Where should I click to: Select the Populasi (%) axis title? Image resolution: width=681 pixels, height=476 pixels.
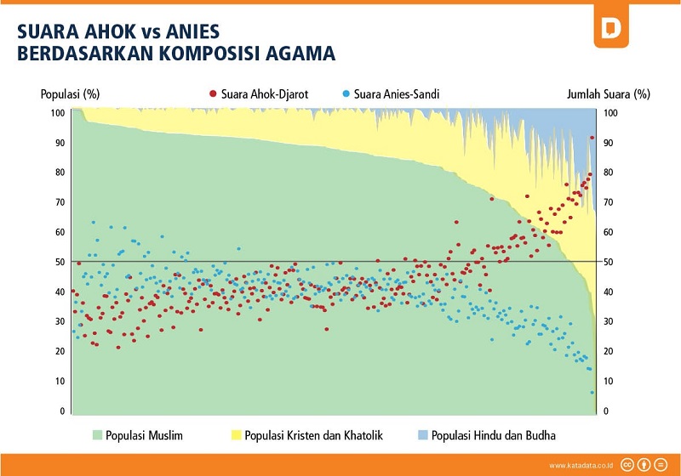(x=65, y=94)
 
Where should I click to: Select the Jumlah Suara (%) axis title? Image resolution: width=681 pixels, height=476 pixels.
(x=609, y=94)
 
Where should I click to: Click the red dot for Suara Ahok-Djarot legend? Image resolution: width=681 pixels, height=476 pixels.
(x=213, y=93)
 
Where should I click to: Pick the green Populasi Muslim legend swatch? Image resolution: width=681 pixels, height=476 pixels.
(x=96, y=436)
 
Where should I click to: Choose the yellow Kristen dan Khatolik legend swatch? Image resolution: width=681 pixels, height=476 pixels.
(x=236, y=436)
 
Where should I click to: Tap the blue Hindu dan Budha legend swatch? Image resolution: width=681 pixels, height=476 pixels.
(x=421, y=436)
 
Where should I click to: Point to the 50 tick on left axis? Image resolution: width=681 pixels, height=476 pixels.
(x=59, y=262)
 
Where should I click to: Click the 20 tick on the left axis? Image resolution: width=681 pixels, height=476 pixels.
(x=59, y=352)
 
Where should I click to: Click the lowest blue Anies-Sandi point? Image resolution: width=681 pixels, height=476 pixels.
(x=592, y=392)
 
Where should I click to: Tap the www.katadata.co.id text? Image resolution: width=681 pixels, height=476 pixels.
(x=580, y=465)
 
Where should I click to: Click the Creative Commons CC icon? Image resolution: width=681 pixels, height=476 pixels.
(x=627, y=464)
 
